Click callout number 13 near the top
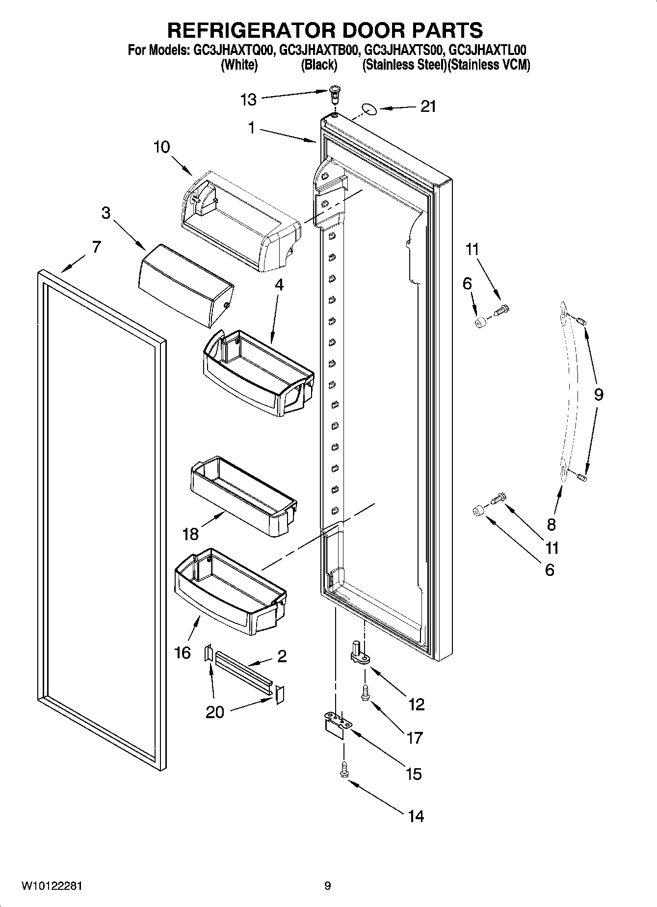point(248,100)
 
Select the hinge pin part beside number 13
point(335,93)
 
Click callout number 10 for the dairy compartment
point(161,147)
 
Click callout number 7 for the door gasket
point(96,247)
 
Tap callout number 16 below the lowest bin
point(183,652)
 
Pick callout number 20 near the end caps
point(215,712)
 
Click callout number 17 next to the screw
point(415,737)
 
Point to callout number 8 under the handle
point(551,524)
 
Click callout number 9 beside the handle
point(598,394)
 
